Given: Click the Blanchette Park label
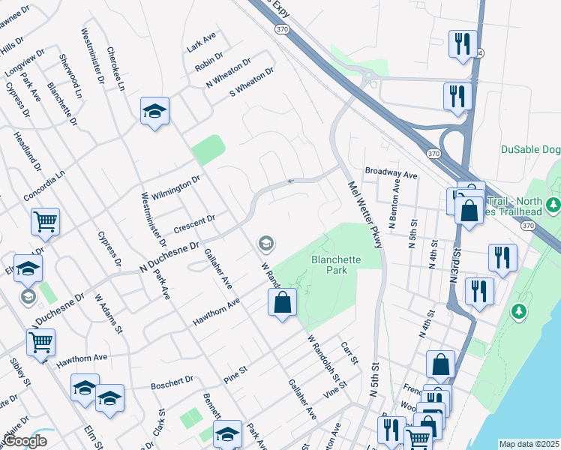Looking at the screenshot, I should pos(330,264).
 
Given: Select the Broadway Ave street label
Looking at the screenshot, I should pos(391,173).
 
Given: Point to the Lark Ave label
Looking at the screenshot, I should pos(202,42).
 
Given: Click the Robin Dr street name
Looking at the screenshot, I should pos(209,61).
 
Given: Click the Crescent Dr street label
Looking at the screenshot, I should pos(194,223).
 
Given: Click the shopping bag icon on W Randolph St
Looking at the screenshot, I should pos(283,303).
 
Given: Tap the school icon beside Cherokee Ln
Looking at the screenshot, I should pos(154,112).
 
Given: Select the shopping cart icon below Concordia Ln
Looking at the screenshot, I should pos(45,221).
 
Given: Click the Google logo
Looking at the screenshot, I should pos(24,441).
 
